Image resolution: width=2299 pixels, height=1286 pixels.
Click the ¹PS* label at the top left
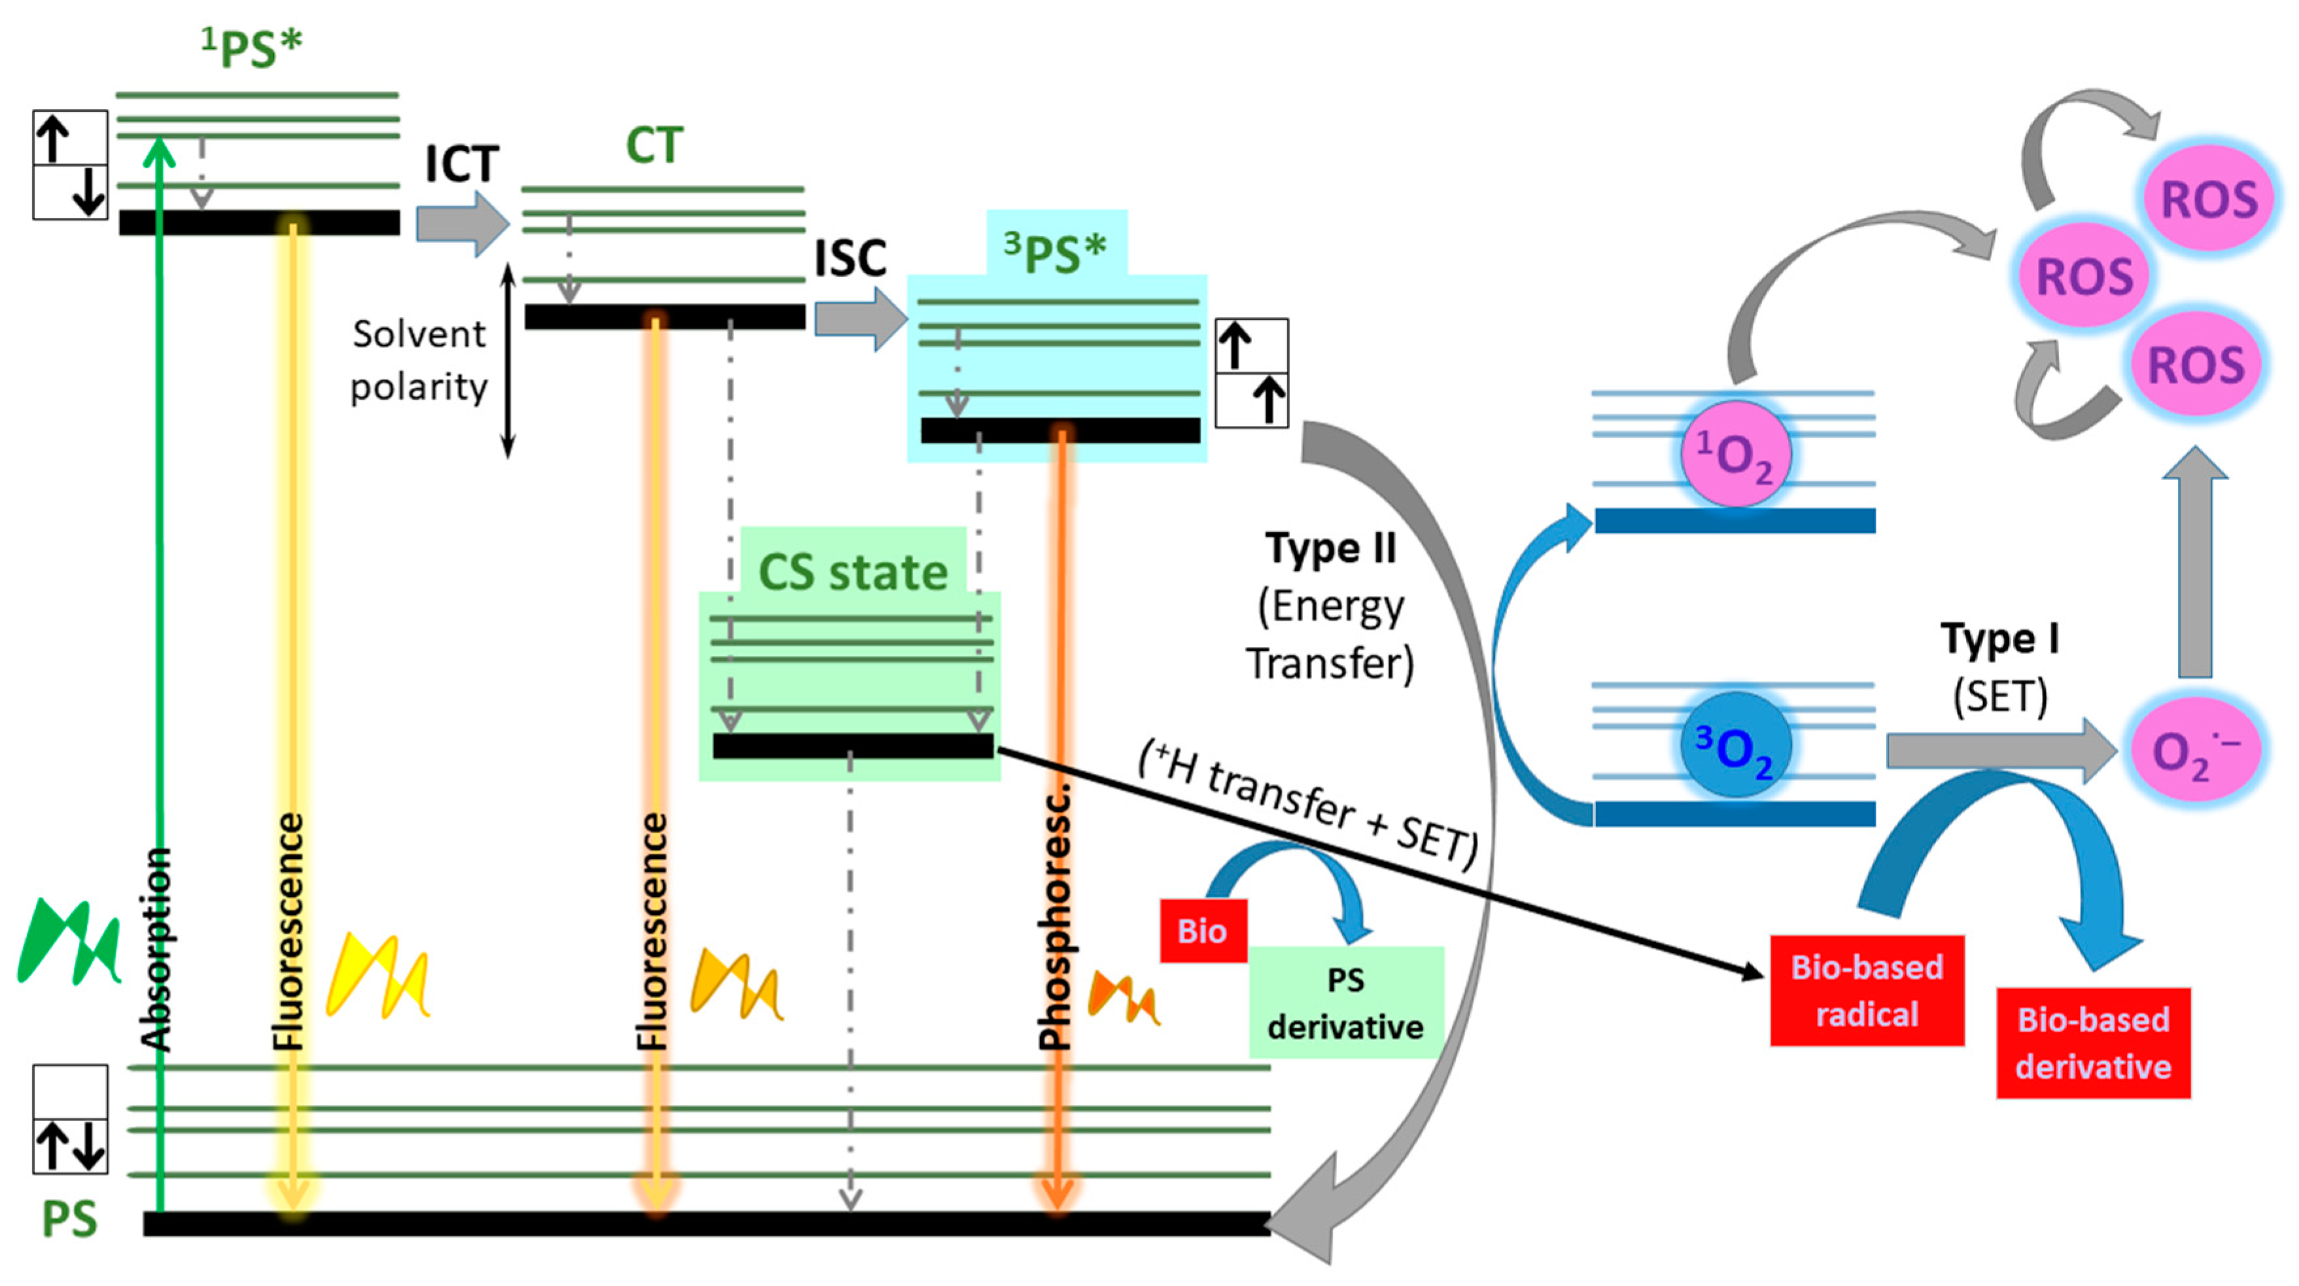click(252, 48)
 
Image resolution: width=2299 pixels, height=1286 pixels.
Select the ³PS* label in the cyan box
click(1055, 252)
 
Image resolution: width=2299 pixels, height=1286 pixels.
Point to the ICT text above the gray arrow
click(461, 164)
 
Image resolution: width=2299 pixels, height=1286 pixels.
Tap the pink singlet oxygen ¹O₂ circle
click(1734, 454)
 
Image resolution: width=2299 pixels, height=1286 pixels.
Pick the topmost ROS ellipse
click(2208, 198)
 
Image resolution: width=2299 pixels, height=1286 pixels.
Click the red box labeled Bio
click(1202, 931)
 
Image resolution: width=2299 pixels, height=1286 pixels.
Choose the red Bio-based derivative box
click(2093, 1043)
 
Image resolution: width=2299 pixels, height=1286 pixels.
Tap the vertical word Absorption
click(156, 948)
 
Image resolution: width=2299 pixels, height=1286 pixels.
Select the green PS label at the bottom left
click(69, 1219)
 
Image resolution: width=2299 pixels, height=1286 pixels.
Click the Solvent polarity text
click(419, 360)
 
